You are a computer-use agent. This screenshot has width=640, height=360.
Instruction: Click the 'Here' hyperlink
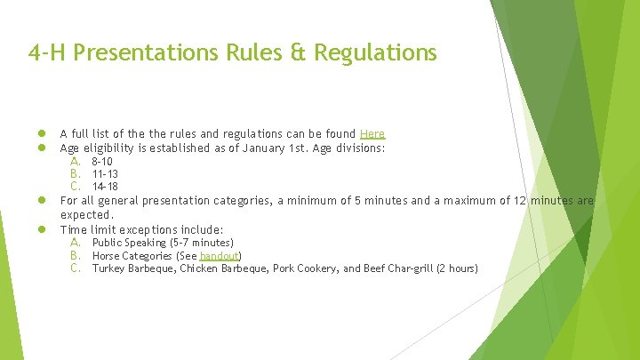[372, 134]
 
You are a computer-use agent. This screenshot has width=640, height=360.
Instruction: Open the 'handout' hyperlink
[219, 255]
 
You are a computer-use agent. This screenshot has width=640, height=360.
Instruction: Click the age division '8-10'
[102, 162]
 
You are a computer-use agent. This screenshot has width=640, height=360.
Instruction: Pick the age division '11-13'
[105, 174]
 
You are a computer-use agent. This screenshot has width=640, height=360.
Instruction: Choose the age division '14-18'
[105, 187]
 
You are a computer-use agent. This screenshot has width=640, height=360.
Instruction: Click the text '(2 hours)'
[456, 268]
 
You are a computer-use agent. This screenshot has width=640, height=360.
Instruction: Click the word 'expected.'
[87, 214]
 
